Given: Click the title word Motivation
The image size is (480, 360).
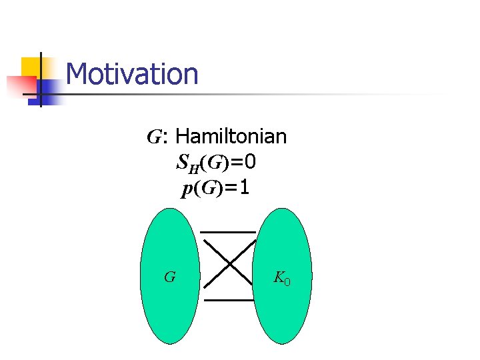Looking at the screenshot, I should pyautogui.click(x=133, y=74).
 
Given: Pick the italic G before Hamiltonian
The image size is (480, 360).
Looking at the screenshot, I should pyautogui.click(x=154, y=138).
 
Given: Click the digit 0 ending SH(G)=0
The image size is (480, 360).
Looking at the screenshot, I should pyautogui.click(x=250, y=163).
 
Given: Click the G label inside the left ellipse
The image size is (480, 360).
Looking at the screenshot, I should pyautogui.click(x=170, y=276).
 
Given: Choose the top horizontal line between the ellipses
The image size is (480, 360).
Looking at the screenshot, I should pyautogui.click(x=228, y=232).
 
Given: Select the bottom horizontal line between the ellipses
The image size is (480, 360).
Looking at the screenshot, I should pyautogui.click(x=228, y=300).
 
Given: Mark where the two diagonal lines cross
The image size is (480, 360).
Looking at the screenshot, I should pyautogui.click(x=230, y=265).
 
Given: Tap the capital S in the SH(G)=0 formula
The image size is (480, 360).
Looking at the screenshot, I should pyautogui.click(x=182, y=163).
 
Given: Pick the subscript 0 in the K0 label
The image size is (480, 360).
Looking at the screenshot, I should pyautogui.click(x=287, y=280).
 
